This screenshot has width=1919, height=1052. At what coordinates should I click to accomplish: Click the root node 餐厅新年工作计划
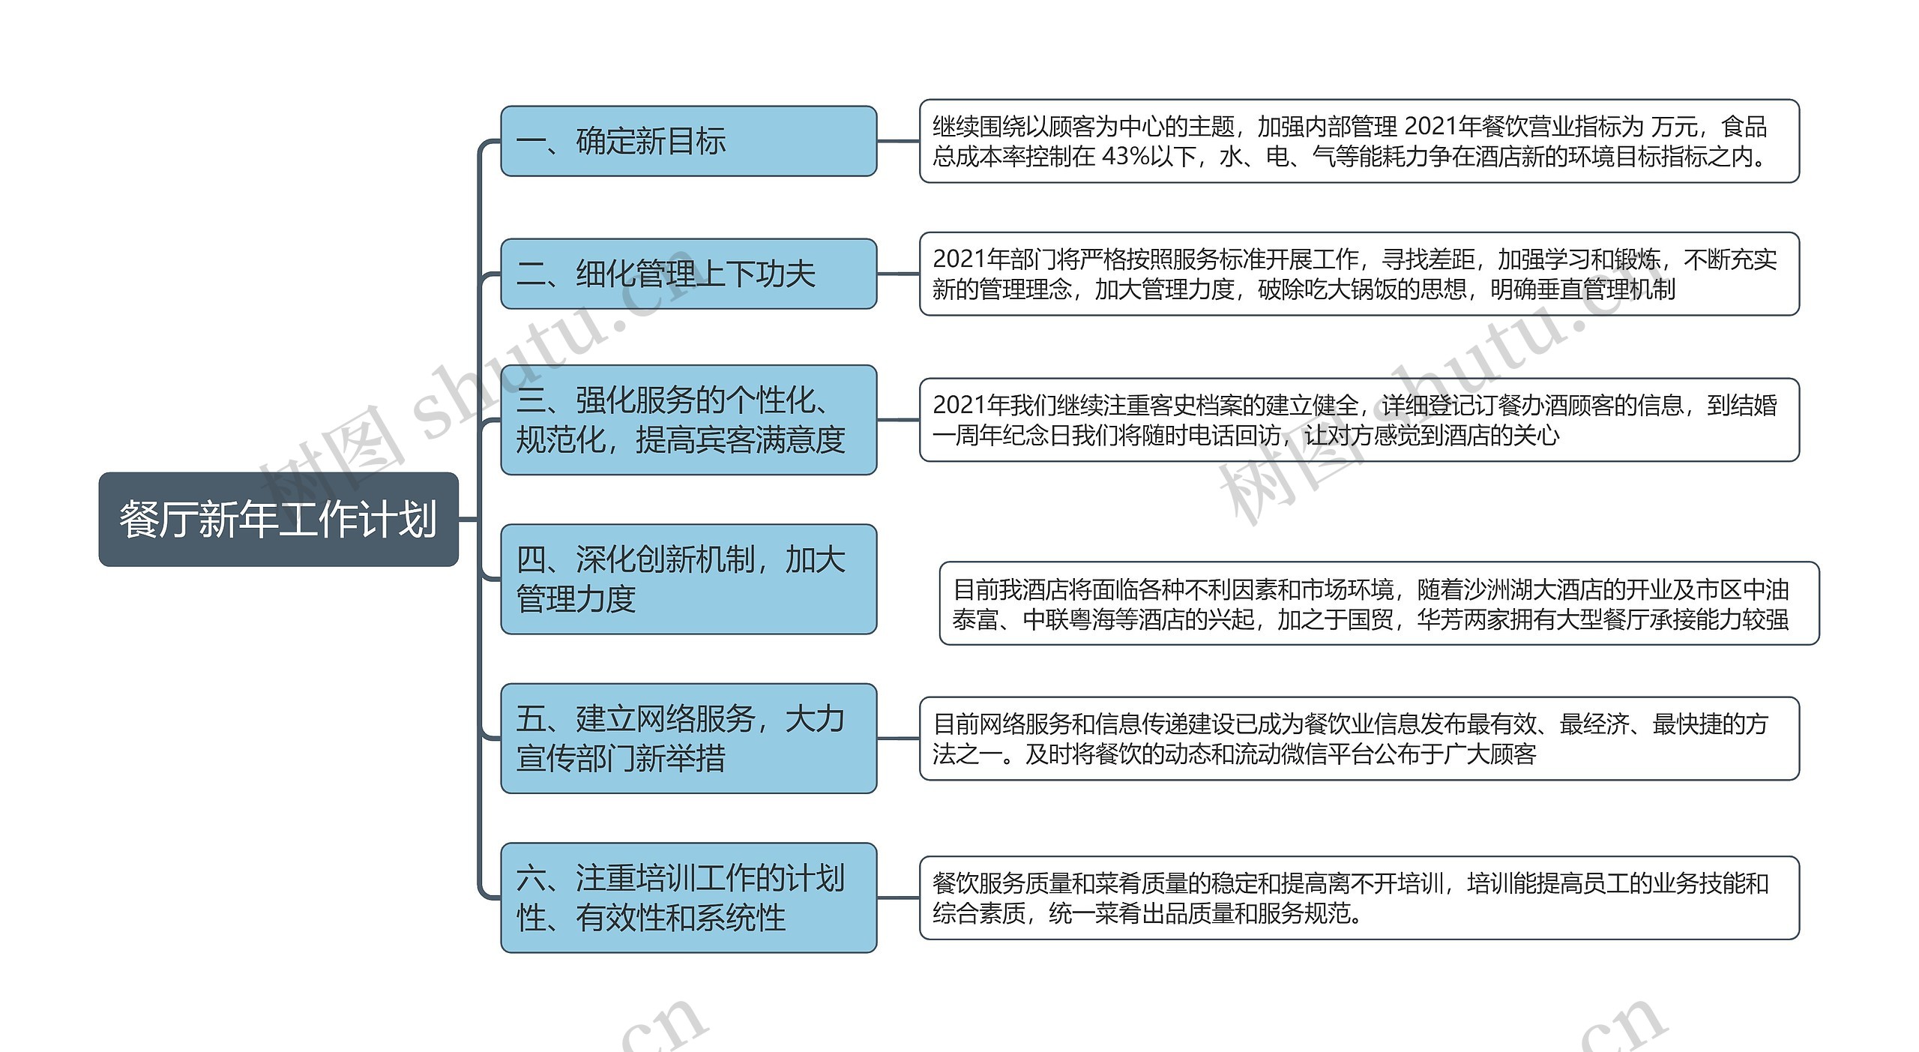click(278, 519)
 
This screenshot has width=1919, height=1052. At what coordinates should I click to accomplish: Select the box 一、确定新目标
click(688, 141)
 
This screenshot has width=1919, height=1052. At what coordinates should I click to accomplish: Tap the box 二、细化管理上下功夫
click(688, 274)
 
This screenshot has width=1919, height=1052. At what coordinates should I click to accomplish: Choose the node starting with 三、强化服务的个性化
click(688, 420)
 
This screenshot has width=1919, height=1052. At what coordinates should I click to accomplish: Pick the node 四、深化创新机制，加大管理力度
click(688, 579)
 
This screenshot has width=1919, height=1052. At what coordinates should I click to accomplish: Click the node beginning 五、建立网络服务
click(688, 738)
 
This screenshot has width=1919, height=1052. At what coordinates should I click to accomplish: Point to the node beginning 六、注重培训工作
click(688, 898)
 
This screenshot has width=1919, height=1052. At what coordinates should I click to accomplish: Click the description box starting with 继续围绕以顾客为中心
click(1358, 141)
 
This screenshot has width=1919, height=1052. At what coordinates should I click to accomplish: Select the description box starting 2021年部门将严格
click(1358, 274)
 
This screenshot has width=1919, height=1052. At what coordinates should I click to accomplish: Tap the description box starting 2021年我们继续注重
click(1358, 420)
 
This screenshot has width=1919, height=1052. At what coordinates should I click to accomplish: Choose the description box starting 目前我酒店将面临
click(1379, 603)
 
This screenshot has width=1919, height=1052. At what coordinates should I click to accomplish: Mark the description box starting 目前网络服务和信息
click(1358, 738)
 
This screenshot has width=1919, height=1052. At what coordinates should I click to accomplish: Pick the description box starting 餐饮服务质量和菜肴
click(1358, 898)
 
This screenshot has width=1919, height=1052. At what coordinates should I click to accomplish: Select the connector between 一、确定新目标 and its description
click(898, 141)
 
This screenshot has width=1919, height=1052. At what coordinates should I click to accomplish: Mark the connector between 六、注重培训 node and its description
click(898, 898)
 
